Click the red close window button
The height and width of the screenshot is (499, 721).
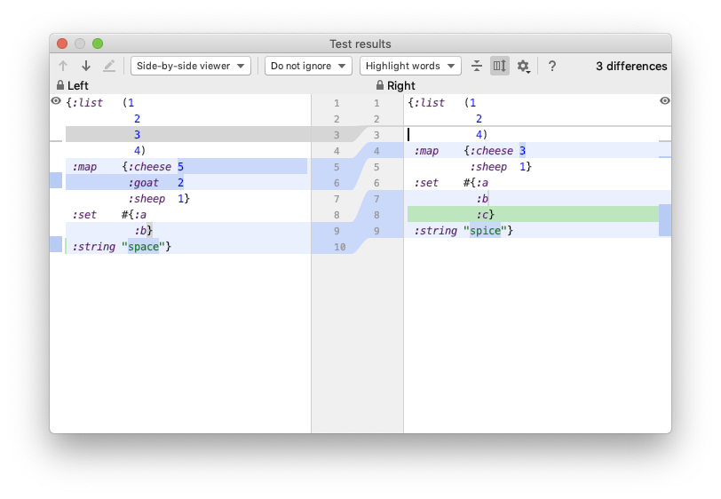click(x=62, y=44)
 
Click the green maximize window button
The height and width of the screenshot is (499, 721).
click(x=98, y=44)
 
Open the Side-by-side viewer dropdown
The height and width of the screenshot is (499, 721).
click(x=191, y=66)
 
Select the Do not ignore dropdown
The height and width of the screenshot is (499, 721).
click(x=308, y=66)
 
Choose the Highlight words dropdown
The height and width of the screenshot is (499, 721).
click(x=410, y=66)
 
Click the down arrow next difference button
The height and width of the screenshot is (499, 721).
click(x=86, y=66)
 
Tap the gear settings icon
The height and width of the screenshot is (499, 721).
click(x=523, y=67)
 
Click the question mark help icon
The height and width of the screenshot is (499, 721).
click(x=552, y=67)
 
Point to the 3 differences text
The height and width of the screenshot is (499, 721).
click(x=631, y=67)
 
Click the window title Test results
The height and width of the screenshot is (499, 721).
click(x=360, y=44)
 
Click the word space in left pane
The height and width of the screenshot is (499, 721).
click(x=144, y=247)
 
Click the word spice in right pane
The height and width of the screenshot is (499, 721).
click(x=485, y=231)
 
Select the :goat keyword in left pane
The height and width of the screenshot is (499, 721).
click(x=144, y=183)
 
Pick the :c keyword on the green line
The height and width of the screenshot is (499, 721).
click(x=482, y=215)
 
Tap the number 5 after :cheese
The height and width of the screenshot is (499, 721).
click(x=181, y=167)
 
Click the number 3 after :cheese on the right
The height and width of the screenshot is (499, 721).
click(x=522, y=151)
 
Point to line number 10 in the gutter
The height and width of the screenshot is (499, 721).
click(x=340, y=247)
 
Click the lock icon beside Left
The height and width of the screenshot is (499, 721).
click(x=60, y=85)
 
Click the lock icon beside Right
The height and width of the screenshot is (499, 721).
click(x=380, y=85)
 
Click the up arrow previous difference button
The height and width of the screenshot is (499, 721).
click(x=63, y=66)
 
